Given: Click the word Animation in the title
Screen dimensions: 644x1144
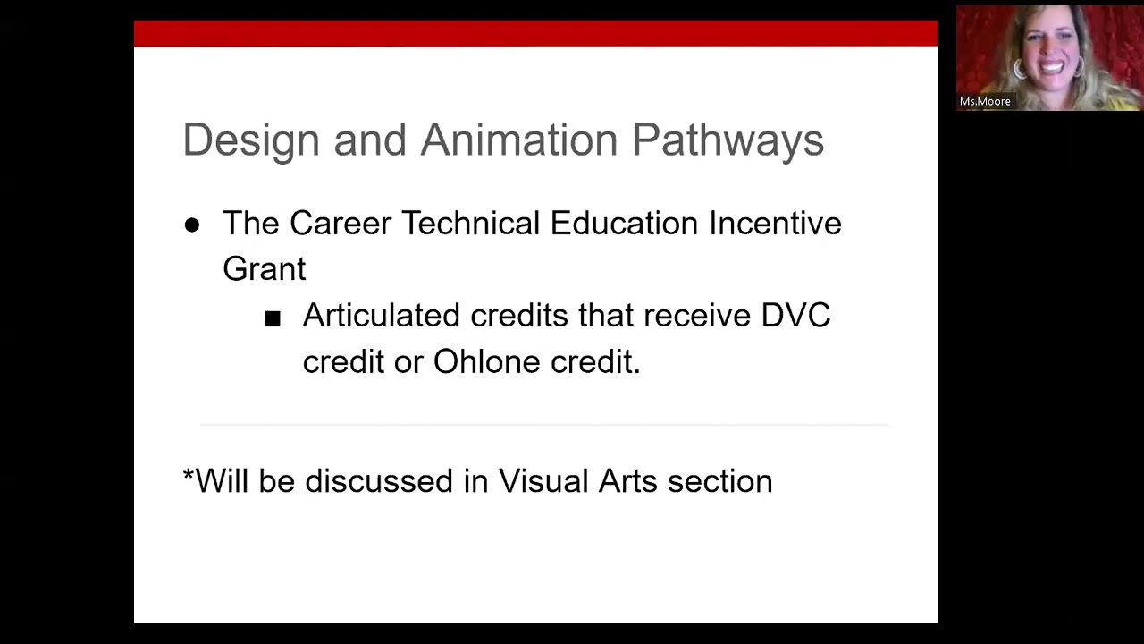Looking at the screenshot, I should pyautogui.click(x=518, y=140).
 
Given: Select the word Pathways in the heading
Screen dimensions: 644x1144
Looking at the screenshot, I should pyautogui.click(x=728, y=141).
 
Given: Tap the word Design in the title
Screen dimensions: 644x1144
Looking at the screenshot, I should pyautogui.click(x=251, y=140).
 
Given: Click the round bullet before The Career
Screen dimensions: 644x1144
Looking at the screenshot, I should pyautogui.click(x=192, y=225).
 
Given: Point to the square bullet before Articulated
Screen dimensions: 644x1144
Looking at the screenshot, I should pyautogui.click(x=273, y=318).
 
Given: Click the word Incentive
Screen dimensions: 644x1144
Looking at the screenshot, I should pyautogui.click(x=775, y=223).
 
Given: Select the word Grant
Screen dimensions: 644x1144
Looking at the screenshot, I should pyautogui.click(x=264, y=268).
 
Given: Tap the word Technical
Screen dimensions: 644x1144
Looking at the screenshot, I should pyautogui.click(x=469, y=223).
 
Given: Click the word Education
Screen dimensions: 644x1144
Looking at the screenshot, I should pyautogui.click(x=623, y=223).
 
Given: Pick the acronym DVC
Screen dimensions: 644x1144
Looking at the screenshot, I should pyautogui.click(x=795, y=316).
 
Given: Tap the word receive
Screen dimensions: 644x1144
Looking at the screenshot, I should pyautogui.click(x=697, y=316).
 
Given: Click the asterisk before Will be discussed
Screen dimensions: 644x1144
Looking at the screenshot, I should pyautogui.click(x=188, y=477).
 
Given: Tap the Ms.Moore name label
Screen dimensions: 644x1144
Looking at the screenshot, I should pyautogui.click(x=985, y=102).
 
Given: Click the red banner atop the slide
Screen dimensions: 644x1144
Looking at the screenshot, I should pyautogui.click(x=535, y=34).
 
